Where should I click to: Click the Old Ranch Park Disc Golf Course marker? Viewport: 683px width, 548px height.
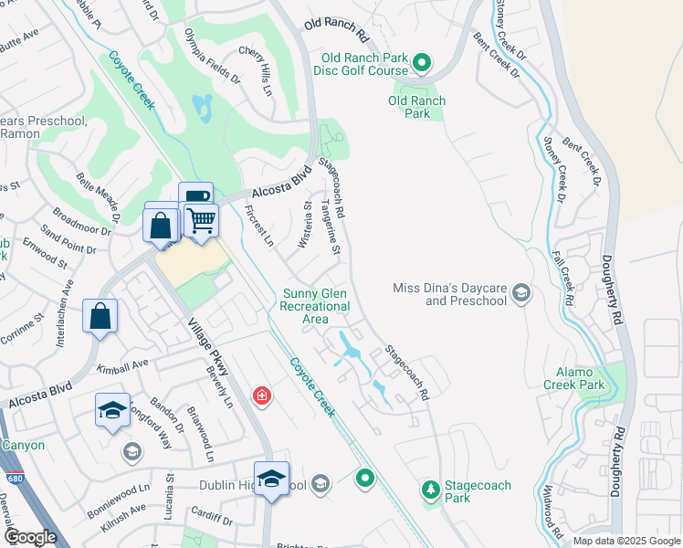(421, 63)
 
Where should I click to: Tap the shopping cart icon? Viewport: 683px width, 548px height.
(201, 219)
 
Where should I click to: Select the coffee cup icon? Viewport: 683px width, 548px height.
(194, 196)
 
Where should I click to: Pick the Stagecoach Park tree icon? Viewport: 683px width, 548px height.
(430, 490)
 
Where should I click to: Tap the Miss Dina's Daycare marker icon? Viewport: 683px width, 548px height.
(521, 293)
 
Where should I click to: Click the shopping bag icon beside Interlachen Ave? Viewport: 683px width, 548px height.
(100, 316)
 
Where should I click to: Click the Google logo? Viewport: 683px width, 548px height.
(30, 537)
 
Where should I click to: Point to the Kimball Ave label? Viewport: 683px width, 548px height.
(121, 365)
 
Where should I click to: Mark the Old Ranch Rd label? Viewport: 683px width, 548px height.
(335, 29)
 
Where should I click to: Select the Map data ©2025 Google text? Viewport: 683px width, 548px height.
(625, 541)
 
